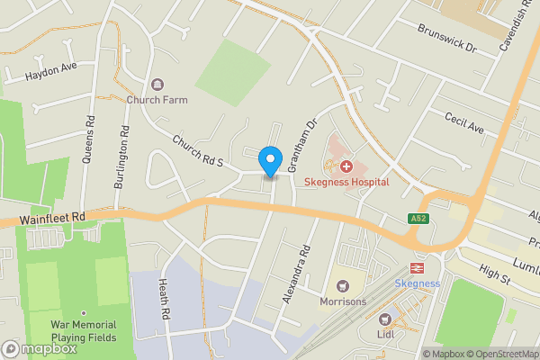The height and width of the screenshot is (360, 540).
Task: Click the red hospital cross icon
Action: click(x=346, y=166)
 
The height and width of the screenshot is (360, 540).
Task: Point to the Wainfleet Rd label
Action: click(x=55, y=217)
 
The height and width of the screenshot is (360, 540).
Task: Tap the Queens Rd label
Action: click(x=88, y=140)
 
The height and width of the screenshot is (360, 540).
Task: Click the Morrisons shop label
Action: click(x=343, y=301)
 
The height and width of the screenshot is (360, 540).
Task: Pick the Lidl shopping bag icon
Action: click(x=386, y=319)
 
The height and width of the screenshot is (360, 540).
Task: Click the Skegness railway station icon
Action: click(x=418, y=267)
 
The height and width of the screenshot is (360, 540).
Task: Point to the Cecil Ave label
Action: click(x=465, y=123)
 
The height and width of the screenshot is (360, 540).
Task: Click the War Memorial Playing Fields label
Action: click(x=83, y=330)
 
